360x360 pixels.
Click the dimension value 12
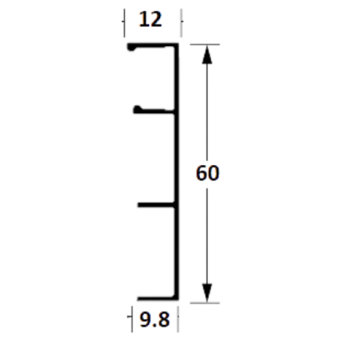(150, 19)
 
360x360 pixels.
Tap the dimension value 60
(208, 173)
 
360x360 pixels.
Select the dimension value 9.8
(154, 320)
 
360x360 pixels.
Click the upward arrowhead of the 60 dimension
(207, 54)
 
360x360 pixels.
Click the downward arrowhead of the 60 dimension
(207, 293)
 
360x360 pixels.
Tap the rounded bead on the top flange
(131, 48)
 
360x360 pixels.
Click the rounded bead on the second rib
(137, 110)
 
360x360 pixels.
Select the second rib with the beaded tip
(154, 111)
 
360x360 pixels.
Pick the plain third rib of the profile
(157, 205)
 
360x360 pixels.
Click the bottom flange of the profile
(157, 299)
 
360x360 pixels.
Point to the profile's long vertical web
(177, 172)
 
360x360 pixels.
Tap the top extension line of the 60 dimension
(204, 44)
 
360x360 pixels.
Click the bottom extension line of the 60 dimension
(204, 303)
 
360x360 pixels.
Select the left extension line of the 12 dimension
(125, 23)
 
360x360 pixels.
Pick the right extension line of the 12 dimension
(181, 23)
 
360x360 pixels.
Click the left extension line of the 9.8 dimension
(132, 319)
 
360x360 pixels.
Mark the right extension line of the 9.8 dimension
(177, 319)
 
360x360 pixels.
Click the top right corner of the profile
(178, 44)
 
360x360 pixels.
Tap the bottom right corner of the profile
(178, 300)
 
